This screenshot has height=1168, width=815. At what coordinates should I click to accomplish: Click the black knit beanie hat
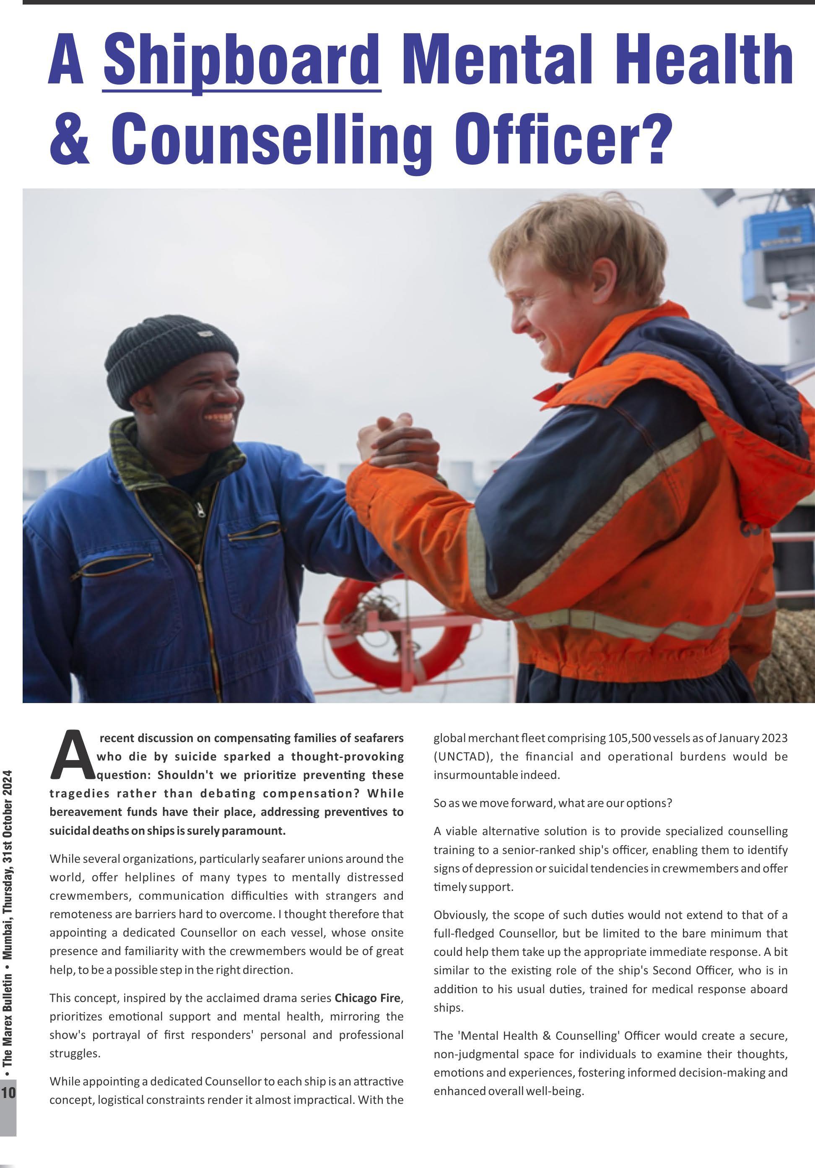[x=171, y=356]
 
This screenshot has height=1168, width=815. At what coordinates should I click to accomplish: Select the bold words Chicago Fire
[x=368, y=998]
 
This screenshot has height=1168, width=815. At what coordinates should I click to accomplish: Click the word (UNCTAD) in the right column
[x=463, y=756]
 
